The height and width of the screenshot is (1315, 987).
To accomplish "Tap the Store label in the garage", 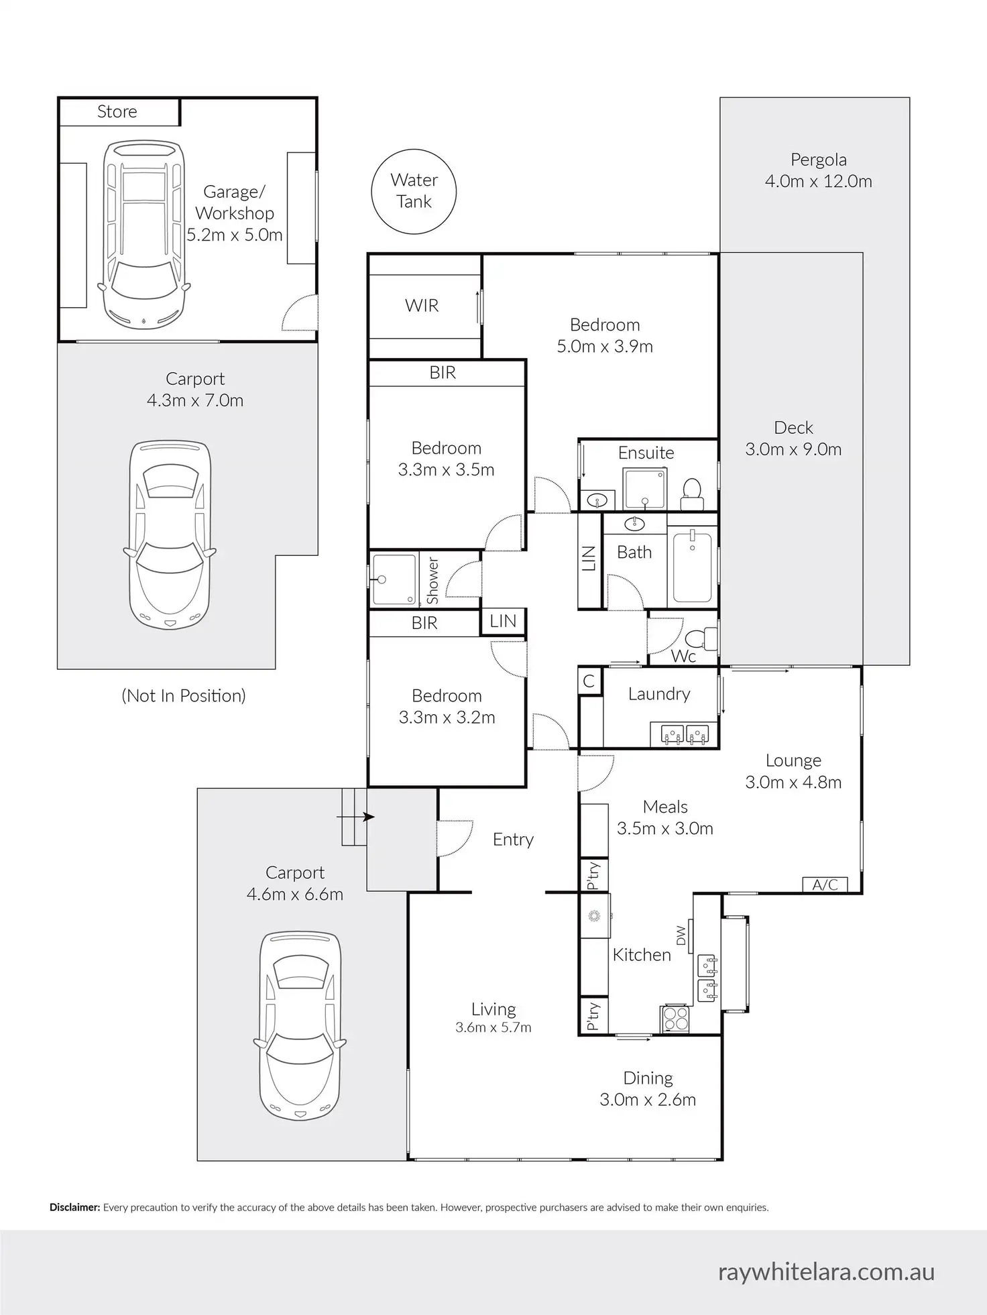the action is tap(117, 111).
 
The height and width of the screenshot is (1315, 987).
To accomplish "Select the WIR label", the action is tap(422, 306).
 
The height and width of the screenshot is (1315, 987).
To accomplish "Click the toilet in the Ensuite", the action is tap(691, 492).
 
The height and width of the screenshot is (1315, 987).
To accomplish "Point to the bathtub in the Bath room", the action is tap(692, 566).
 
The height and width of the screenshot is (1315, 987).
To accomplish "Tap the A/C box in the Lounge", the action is tap(825, 884).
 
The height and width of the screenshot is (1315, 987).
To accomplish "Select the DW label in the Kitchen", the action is tap(681, 935).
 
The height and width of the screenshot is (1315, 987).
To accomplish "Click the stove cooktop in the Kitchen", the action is tap(675, 1019).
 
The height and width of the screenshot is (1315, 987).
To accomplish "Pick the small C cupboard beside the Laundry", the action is tap(589, 681).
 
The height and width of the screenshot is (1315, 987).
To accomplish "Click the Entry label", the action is tap(513, 840).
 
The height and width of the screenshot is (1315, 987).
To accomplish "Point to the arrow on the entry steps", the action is tap(355, 817).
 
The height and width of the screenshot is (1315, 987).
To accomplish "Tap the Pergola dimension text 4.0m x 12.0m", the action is tap(819, 181).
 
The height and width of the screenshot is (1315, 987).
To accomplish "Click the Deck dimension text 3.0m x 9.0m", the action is tap(793, 449).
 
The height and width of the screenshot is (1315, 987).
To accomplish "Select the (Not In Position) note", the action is tap(184, 696).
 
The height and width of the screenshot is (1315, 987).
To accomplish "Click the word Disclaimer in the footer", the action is tap(75, 1208).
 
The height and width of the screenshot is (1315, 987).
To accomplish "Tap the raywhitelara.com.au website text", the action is tap(826, 1272).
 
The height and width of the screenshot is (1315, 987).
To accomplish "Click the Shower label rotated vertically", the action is tap(432, 581).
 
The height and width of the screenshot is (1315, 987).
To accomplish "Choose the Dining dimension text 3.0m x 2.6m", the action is tap(648, 1100).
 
